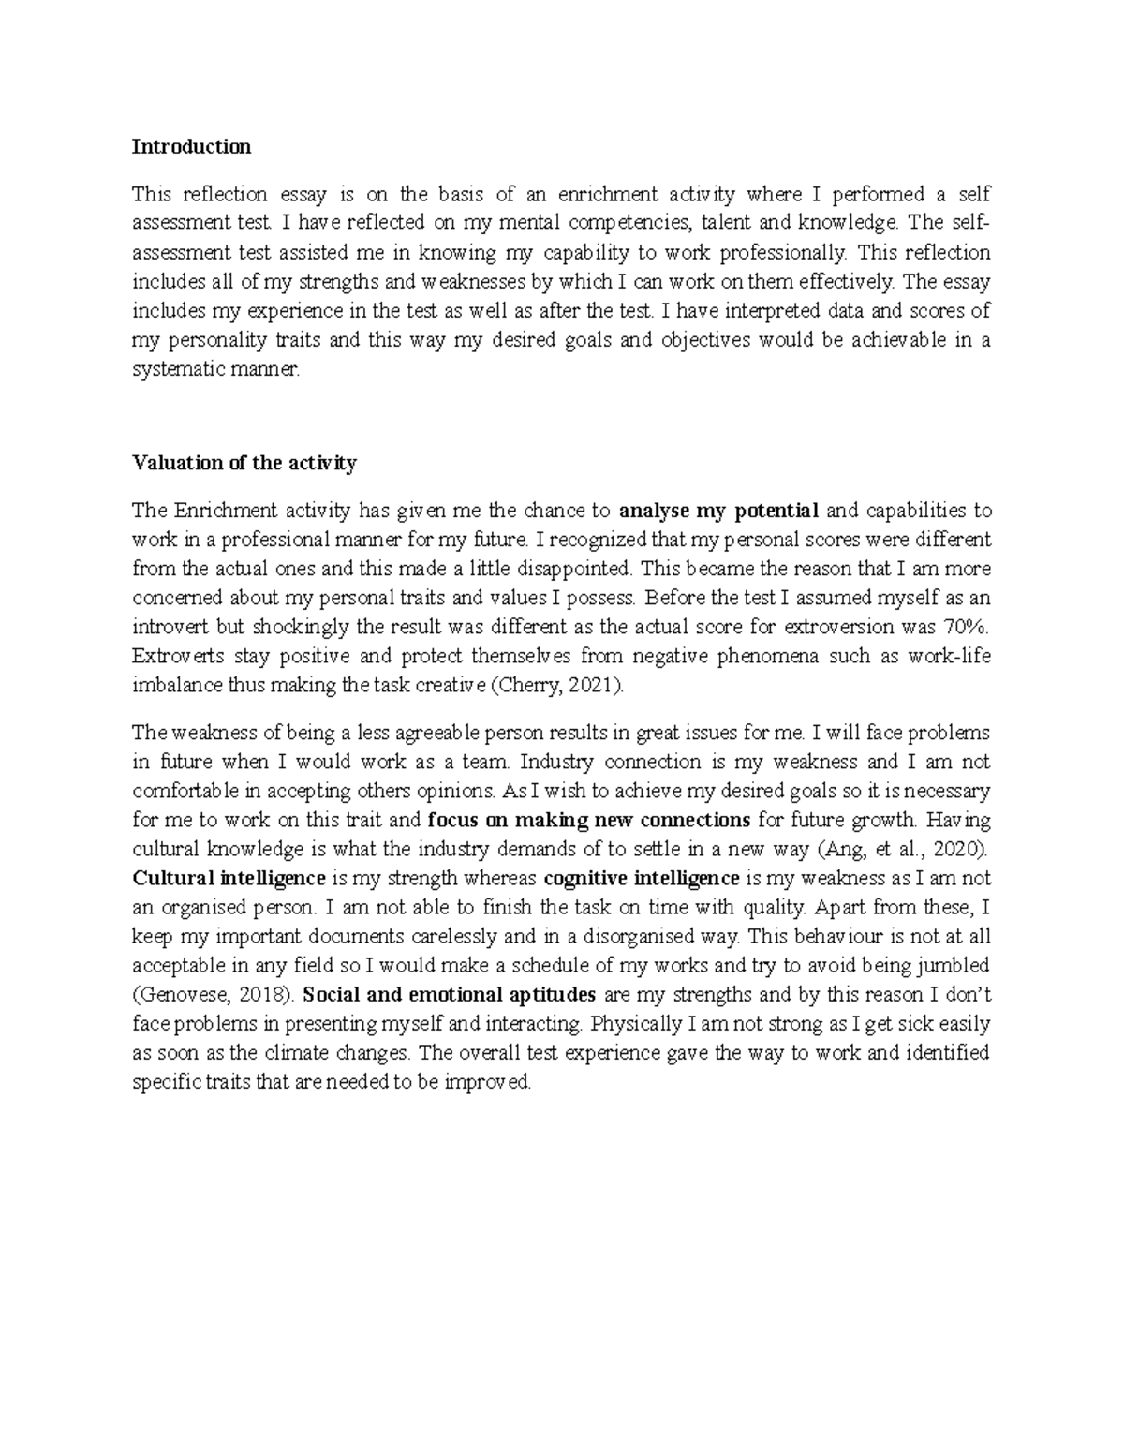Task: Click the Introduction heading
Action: pyautogui.click(x=191, y=146)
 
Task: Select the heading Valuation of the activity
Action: pyautogui.click(x=244, y=463)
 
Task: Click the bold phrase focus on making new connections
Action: pyautogui.click(x=588, y=820)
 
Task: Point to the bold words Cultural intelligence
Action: pyautogui.click(x=229, y=878)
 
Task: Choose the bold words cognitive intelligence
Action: pyautogui.click(x=641, y=878)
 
